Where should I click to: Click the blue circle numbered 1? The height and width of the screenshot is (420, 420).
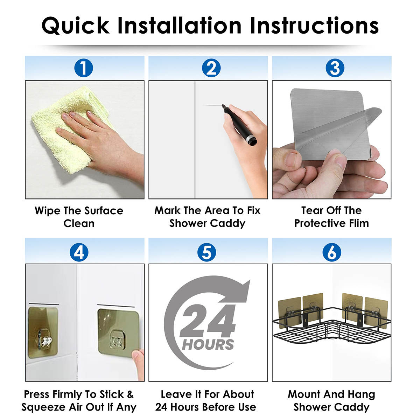tap(84, 68)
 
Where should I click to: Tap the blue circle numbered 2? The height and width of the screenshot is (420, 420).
tap(211, 68)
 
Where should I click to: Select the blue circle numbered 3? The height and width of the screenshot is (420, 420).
tap(335, 68)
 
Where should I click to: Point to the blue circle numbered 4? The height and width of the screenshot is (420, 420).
tap(79, 252)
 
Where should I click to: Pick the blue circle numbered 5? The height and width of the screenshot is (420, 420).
tap(206, 252)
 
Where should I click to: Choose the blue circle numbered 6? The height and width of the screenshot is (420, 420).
tap(332, 252)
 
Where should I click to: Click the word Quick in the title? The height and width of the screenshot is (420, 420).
tap(75, 26)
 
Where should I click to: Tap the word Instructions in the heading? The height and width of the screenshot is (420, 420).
tap(314, 25)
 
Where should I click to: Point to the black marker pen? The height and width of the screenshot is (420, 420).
tap(240, 125)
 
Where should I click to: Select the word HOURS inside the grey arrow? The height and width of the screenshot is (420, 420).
tap(208, 345)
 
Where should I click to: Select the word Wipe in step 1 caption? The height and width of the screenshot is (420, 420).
tap(47, 211)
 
